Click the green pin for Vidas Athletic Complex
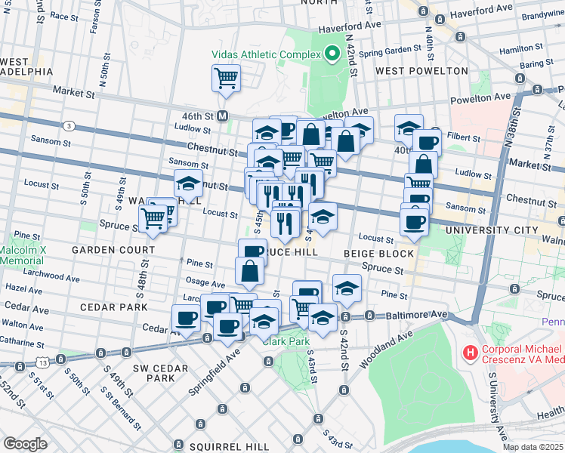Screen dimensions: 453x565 pos(331,54)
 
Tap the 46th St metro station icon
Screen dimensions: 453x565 pos(223,116)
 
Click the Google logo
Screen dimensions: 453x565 pos(25,443)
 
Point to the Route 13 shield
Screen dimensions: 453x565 pos(46,362)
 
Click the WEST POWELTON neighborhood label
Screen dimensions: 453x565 pos(411,71)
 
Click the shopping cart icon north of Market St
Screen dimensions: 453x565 pos(226,78)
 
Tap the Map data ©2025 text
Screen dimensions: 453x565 pos(533,447)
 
